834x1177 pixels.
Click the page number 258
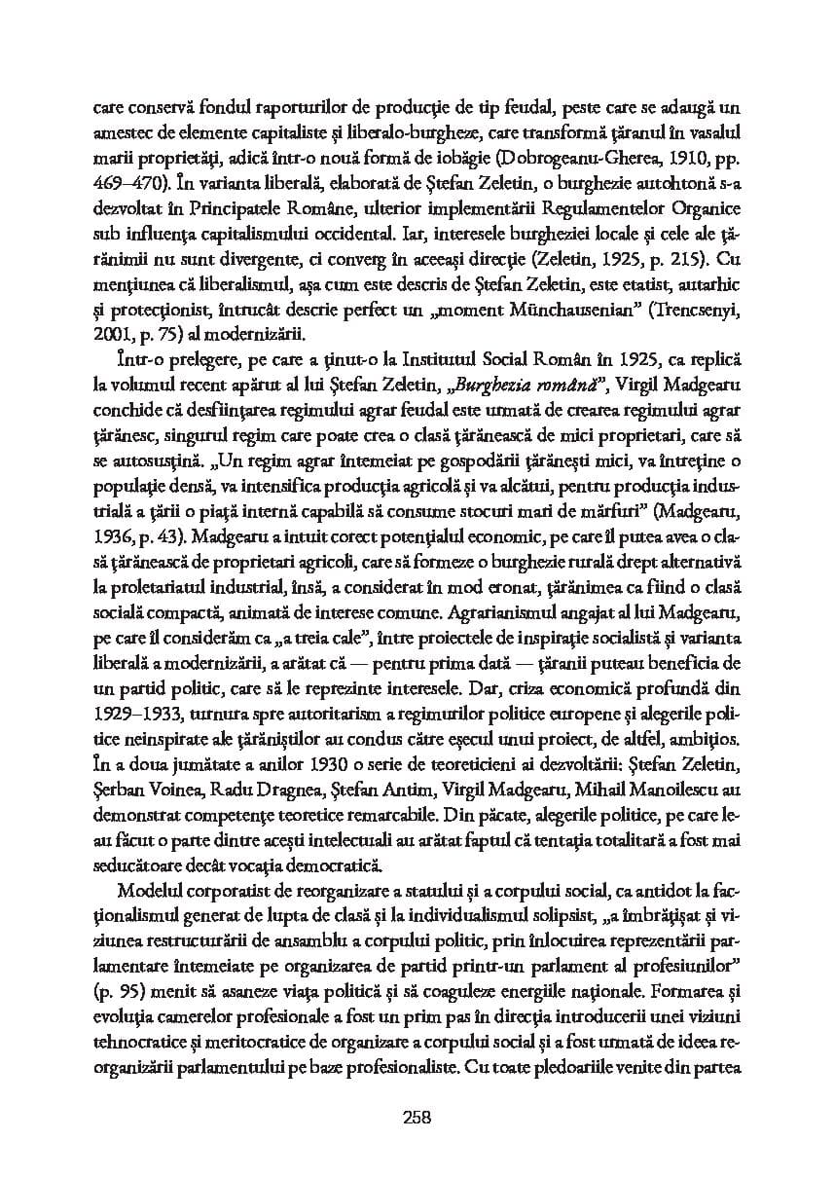[x=416, y=1116]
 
